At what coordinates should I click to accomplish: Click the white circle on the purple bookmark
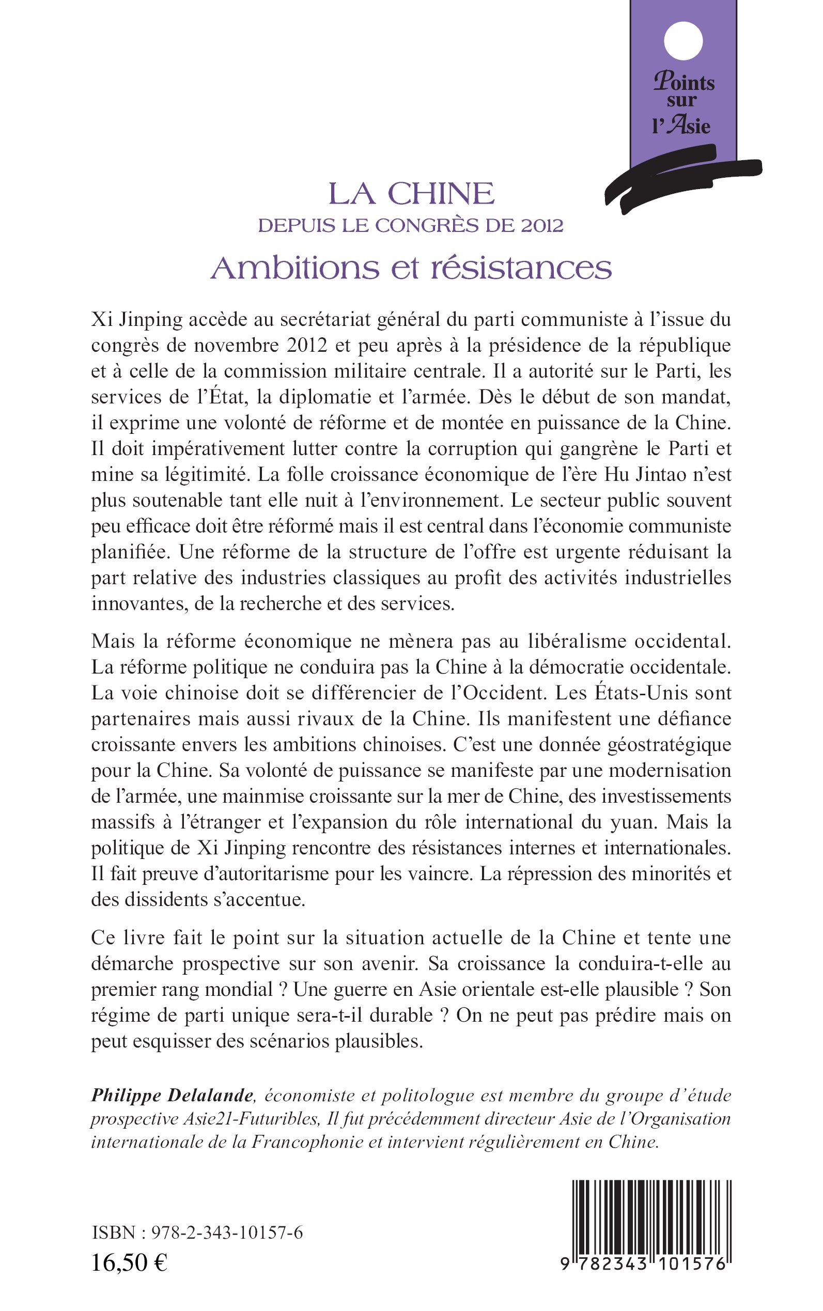pyautogui.click(x=683, y=41)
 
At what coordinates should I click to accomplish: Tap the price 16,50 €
pyautogui.click(x=130, y=1262)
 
